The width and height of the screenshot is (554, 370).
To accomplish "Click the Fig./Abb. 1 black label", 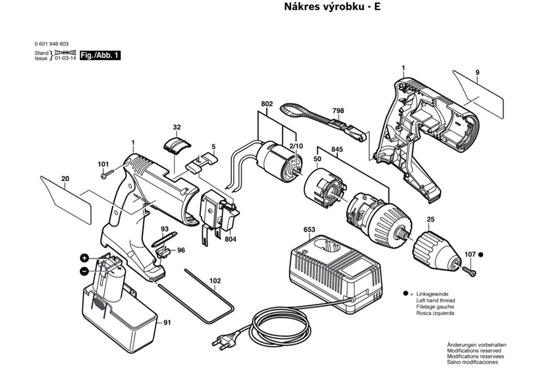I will tap(100, 55).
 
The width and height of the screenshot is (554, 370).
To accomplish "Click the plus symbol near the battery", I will tap(84, 258).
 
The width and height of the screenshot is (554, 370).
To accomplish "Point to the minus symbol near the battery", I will tap(84, 271).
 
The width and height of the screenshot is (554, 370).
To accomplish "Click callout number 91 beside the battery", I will tap(166, 323).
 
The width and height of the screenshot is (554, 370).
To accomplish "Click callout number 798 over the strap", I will tap(338, 111).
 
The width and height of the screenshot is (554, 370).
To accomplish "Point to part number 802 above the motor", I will tap(267, 104).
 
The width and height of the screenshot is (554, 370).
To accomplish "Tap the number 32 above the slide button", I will tap(177, 127).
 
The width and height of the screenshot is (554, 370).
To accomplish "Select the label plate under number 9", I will tap(478, 92).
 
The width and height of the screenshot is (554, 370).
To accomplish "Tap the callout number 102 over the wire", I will tap(215, 281).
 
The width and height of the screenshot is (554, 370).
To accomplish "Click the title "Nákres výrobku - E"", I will tap(332, 7).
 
